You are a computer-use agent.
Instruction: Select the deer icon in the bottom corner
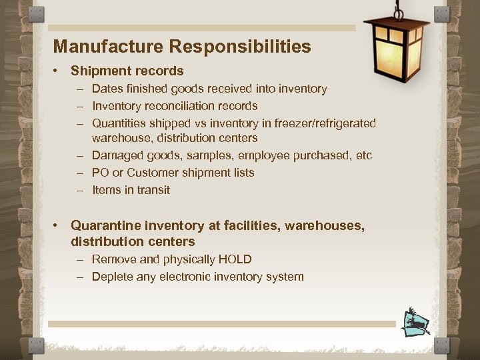coord(415,322)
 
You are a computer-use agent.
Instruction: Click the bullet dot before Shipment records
coord(59,71)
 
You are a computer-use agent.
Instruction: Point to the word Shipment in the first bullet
coord(99,71)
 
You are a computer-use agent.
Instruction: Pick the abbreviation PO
coord(101,173)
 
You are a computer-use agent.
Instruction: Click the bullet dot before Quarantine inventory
coord(59,226)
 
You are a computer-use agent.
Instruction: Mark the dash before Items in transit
coord(79,190)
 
